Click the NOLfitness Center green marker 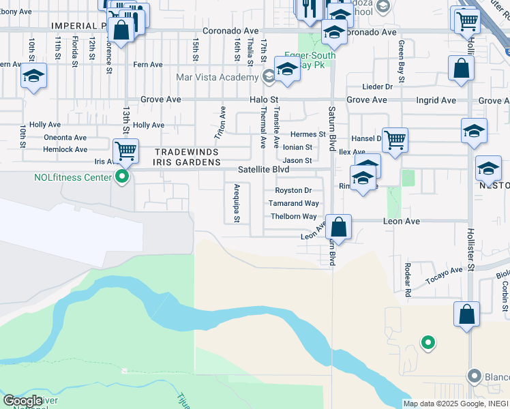coord(123,179)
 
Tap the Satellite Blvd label coord(263,170)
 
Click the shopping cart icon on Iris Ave coord(125,151)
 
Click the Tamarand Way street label coord(293,203)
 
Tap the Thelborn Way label coord(294,217)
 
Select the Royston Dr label coord(293,190)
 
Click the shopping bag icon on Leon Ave coord(339,227)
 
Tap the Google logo coord(23,401)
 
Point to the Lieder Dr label coord(378,87)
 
